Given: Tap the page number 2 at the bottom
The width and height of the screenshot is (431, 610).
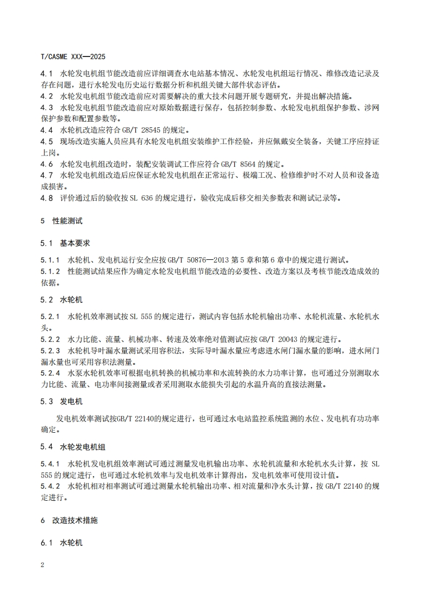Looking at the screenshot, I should pyautogui.click(x=43, y=564).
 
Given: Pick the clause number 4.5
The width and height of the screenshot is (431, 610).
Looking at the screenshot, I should pyautogui.click(x=47, y=141).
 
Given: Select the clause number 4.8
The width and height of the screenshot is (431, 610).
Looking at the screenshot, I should pyautogui.click(x=47, y=198).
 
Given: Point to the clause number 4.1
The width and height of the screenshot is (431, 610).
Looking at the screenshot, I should pyautogui.click(x=47, y=73).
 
